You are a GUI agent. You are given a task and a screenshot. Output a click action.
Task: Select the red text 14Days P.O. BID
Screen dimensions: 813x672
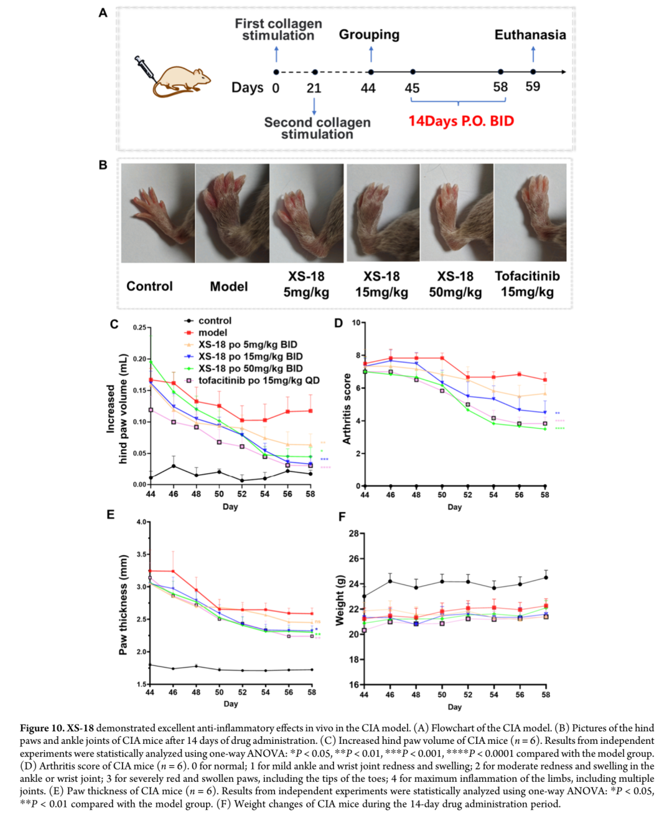tap(461, 121)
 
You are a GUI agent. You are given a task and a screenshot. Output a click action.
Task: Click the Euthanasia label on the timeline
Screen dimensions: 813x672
tap(530, 35)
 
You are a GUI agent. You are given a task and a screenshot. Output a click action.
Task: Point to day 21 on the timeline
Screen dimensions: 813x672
tap(314, 88)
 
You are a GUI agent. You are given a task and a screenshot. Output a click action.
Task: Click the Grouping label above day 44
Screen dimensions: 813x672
tap(369, 35)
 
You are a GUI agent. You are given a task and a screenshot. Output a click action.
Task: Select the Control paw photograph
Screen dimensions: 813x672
tap(158, 212)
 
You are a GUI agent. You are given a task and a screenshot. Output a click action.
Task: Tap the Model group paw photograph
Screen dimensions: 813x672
tap(232, 212)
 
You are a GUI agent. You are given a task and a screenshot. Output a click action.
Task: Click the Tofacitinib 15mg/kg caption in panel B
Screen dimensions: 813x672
tap(527, 284)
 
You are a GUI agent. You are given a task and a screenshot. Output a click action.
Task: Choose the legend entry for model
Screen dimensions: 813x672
tap(213, 333)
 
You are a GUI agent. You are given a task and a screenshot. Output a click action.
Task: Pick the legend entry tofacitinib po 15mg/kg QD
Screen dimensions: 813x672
tap(259, 380)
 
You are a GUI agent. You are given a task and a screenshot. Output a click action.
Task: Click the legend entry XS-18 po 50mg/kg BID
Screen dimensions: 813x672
tap(250, 368)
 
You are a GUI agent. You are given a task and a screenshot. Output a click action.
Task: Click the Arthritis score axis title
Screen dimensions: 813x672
tap(347, 409)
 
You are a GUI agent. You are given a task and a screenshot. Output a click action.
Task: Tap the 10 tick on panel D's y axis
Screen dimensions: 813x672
tap(356, 323)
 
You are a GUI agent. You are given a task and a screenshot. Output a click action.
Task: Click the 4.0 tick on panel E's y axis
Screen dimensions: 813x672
tap(142, 522)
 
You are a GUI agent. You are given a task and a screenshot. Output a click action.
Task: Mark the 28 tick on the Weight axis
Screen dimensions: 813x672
tap(353, 533)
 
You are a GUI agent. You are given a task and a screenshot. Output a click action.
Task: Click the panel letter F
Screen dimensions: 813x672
tap(342, 516)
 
